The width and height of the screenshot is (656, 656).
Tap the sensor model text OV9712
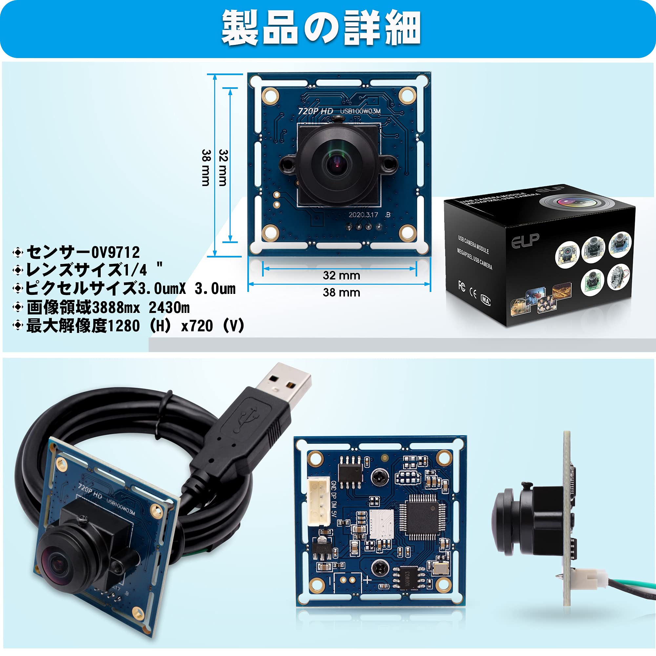115,252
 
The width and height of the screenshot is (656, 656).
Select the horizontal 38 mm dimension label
341,292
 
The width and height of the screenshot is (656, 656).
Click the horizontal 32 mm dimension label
341,276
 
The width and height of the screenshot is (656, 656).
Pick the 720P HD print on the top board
315,111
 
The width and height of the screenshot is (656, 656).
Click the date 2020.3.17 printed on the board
363,215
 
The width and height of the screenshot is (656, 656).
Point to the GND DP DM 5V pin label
334,499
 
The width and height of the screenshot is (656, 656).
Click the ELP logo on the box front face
525,240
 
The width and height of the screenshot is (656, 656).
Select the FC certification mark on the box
462,286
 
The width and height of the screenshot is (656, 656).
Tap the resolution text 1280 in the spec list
123,326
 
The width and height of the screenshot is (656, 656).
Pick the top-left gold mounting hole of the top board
270,95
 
